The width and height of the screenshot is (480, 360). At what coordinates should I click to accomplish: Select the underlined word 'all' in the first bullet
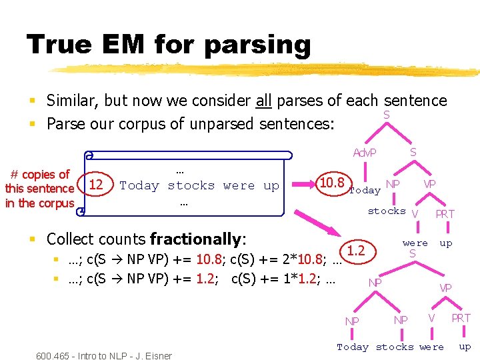pos(263,101)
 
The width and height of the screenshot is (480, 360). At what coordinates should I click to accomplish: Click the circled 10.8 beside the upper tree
pos(332,183)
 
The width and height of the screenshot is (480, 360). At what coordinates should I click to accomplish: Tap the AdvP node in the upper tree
pos(365,153)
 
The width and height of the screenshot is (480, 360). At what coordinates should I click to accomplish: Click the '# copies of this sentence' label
pos(40,189)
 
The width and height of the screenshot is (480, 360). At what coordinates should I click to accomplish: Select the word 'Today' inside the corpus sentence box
pos(139,185)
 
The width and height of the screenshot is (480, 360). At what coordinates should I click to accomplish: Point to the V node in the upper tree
pos(415,213)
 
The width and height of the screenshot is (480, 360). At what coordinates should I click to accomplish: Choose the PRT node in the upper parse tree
pos(445,213)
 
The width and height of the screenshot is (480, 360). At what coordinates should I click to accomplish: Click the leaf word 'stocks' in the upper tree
pos(387,211)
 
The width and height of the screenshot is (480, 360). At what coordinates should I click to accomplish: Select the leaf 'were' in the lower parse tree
pos(431,347)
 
